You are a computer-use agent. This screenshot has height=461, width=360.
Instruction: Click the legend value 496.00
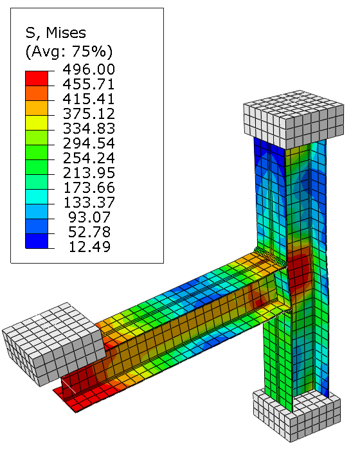pyautogui.click(x=89, y=69)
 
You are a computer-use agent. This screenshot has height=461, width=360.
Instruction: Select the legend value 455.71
pyautogui.click(x=89, y=84)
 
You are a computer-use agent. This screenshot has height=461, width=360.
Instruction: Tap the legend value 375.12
pyautogui.click(x=89, y=114)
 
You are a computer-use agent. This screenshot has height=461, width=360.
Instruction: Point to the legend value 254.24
pyautogui.click(x=89, y=158)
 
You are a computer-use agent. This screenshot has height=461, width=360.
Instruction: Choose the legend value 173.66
pyautogui.click(x=89, y=188)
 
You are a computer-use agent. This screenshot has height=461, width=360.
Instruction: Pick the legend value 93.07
pyautogui.click(x=89, y=217)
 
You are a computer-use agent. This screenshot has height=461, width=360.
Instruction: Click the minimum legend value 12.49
pyautogui.click(x=89, y=247)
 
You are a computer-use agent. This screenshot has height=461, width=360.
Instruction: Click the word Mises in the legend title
pyautogui.click(x=66, y=33)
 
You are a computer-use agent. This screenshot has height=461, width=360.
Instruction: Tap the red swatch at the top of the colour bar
pyautogui.click(x=37, y=78)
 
